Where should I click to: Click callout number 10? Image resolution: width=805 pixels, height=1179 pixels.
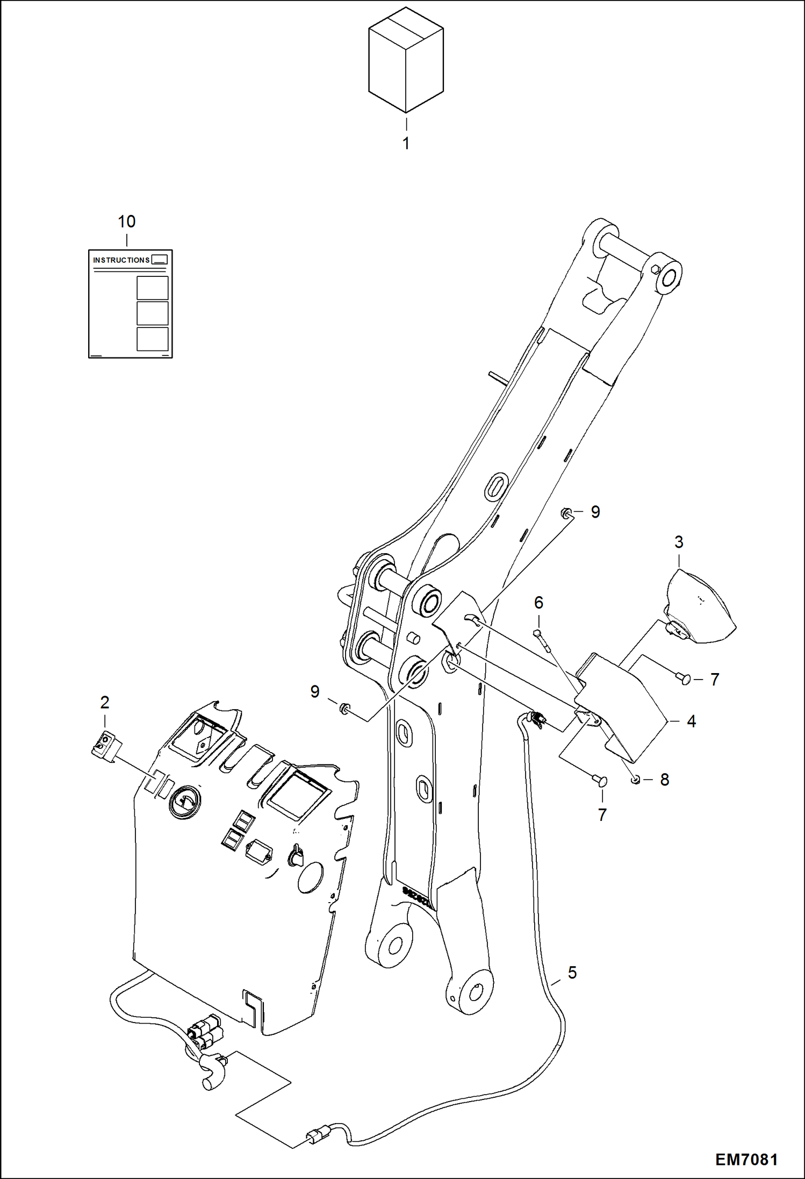pyautogui.click(x=127, y=221)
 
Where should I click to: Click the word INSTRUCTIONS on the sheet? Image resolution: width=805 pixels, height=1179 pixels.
pyautogui.click(x=121, y=260)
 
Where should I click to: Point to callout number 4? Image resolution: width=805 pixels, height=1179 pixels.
pyautogui.click(x=691, y=721)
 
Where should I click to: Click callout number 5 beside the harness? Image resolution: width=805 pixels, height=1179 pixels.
pyautogui.click(x=572, y=973)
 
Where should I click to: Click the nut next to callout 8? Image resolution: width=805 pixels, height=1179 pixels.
pyautogui.click(x=636, y=780)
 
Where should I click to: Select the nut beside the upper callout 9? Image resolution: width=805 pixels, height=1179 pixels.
pyautogui.click(x=565, y=512)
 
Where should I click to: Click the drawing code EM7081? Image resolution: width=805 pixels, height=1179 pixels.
pyautogui.click(x=746, y=1159)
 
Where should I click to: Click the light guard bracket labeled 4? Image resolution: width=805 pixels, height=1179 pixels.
pyautogui.click(x=618, y=699)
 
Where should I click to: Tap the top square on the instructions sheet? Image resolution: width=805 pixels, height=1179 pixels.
pyautogui.click(x=153, y=288)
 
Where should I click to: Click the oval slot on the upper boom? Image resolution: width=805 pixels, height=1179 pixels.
pyautogui.click(x=495, y=487)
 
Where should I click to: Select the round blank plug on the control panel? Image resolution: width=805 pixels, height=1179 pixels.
pyautogui.click(x=311, y=878)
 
